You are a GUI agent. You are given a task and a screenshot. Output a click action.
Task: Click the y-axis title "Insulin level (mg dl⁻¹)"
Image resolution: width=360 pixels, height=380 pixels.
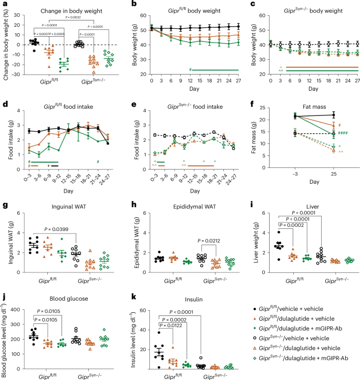[129, 340]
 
